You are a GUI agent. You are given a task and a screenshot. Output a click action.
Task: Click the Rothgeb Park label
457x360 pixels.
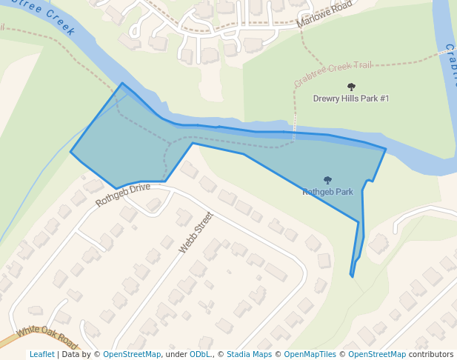click(327, 192)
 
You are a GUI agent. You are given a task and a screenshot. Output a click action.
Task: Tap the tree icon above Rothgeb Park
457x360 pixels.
click(327, 180)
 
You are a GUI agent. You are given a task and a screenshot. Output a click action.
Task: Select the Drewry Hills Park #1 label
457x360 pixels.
click(351, 99)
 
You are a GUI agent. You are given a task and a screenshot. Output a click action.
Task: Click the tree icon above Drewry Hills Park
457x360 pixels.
click(351, 87)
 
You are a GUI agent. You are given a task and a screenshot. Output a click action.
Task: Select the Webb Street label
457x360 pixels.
click(196, 233)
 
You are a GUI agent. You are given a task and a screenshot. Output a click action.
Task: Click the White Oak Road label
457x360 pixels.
click(46, 338)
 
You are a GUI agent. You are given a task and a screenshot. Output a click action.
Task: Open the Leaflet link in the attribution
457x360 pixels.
click(42, 355)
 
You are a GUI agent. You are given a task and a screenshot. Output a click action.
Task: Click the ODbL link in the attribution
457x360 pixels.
click(200, 355)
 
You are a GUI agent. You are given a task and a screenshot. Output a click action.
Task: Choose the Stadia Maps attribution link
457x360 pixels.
click(249, 355)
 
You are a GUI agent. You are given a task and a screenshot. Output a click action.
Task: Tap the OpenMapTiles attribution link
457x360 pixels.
click(311, 355)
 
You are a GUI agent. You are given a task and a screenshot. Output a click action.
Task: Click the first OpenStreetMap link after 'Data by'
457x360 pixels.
click(132, 355)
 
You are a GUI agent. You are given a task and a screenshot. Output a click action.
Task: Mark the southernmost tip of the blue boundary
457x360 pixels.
click(352, 277)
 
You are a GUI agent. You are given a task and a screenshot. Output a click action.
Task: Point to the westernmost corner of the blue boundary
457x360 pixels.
click(71, 153)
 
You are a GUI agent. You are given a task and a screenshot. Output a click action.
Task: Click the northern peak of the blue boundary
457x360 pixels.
click(122, 83)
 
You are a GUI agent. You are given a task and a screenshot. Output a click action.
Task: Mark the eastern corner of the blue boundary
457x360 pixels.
click(386, 149)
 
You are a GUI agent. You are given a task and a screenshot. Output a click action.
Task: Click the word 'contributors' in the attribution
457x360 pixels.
click(431, 355)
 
